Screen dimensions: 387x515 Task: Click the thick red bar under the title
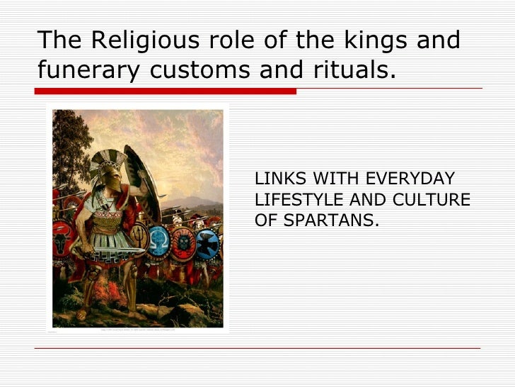[166, 91]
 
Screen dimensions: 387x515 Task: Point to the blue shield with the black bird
[207, 245]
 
